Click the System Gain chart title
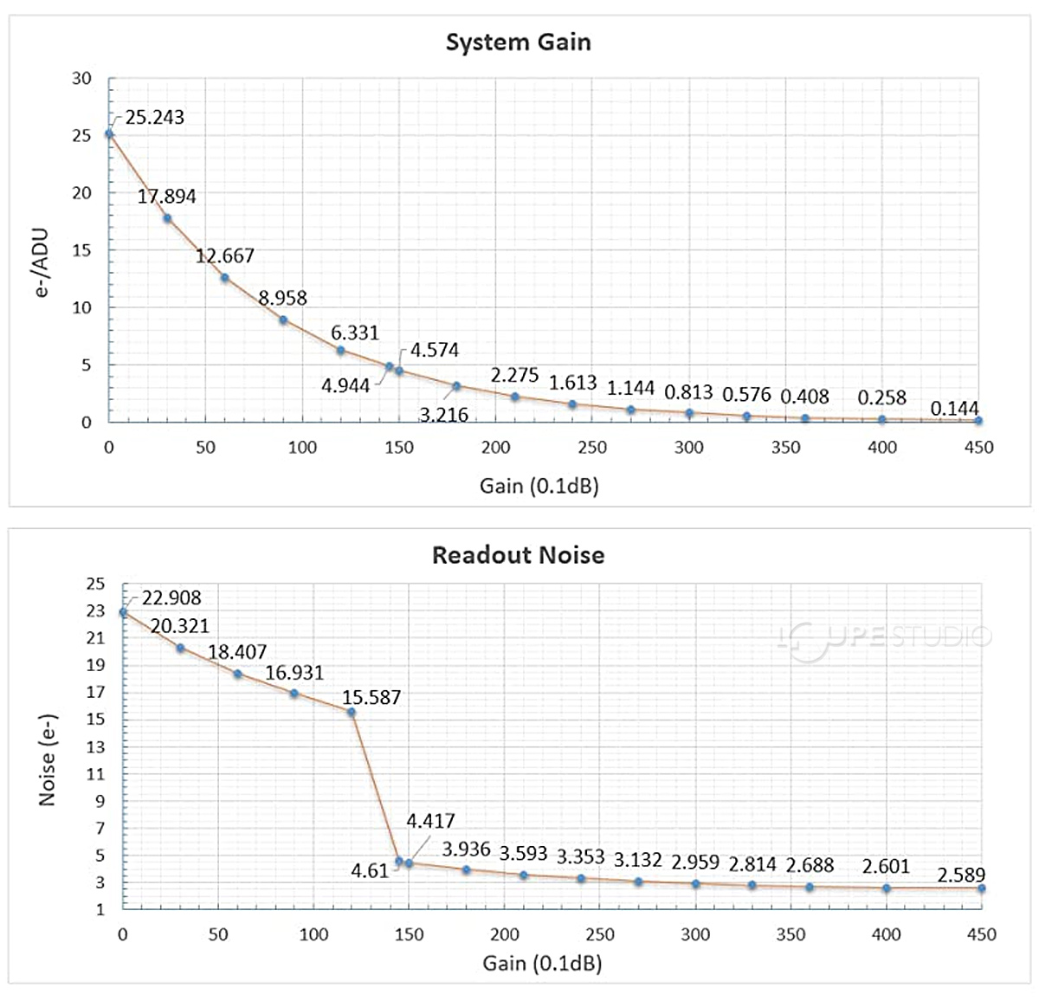(518, 42)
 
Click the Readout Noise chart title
(518, 555)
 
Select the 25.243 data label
(155, 118)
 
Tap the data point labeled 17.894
(167, 218)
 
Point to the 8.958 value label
(283, 298)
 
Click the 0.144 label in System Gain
(954, 409)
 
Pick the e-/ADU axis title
(42, 264)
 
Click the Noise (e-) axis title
(47, 759)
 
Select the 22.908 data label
(171, 598)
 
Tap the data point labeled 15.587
(352, 712)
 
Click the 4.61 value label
(370, 871)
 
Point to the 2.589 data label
(961, 875)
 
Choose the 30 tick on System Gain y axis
(81, 79)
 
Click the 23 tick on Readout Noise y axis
(94, 611)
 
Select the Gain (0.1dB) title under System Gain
(539, 486)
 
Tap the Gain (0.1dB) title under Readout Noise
(542, 963)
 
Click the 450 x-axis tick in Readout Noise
(981, 934)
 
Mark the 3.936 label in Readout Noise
(466, 849)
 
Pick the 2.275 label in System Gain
(514, 376)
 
